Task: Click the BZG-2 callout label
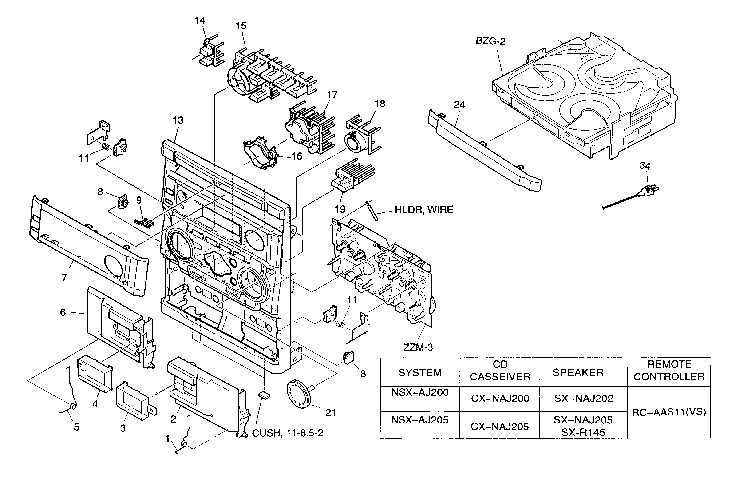(490, 41)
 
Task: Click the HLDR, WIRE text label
(424, 210)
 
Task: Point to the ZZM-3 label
(418, 347)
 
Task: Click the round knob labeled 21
(298, 393)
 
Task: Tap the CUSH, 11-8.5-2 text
(288, 433)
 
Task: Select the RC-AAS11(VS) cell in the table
(669, 412)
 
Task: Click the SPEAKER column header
(578, 372)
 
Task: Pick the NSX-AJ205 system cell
(420, 420)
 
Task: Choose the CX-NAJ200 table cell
(500, 398)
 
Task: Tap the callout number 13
(178, 120)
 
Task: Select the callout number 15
(241, 26)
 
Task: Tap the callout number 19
(340, 209)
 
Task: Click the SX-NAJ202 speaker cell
(583, 398)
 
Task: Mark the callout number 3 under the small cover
(123, 428)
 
